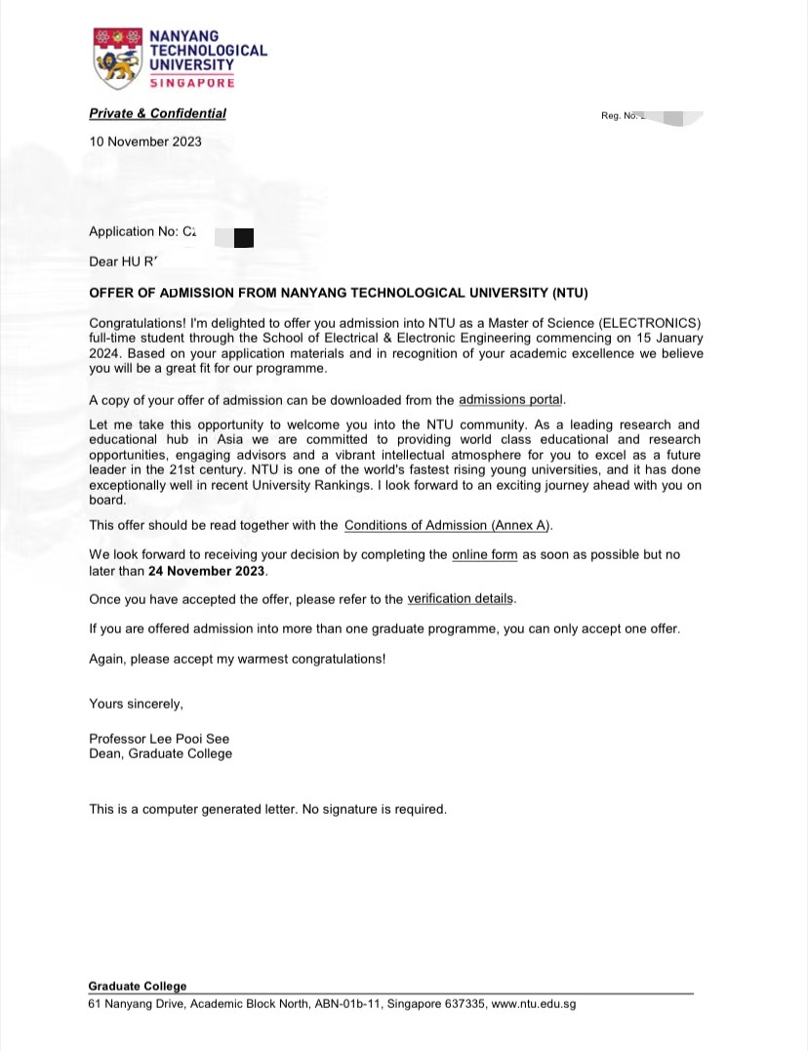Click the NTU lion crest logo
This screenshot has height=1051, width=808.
(116, 58)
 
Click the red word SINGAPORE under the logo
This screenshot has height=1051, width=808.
(192, 83)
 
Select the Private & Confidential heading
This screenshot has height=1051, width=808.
(157, 113)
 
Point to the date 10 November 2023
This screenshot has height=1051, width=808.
(145, 141)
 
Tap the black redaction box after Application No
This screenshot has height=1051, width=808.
(244, 235)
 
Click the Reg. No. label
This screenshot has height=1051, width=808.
(619, 116)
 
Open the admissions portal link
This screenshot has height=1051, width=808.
(510, 399)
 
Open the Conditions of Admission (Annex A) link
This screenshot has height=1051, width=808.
(447, 525)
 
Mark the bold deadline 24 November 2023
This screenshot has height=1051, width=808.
(207, 571)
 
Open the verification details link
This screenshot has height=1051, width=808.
(460, 598)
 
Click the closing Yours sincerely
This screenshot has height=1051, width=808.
(136, 704)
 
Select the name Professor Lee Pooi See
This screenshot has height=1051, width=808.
(159, 739)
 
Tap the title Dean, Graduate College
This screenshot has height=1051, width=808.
(160, 753)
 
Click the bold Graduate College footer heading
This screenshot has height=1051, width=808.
(137, 987)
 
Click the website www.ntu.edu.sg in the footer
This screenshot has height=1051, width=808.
(534, 1004)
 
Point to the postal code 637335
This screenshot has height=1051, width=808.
(465, 1004)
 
